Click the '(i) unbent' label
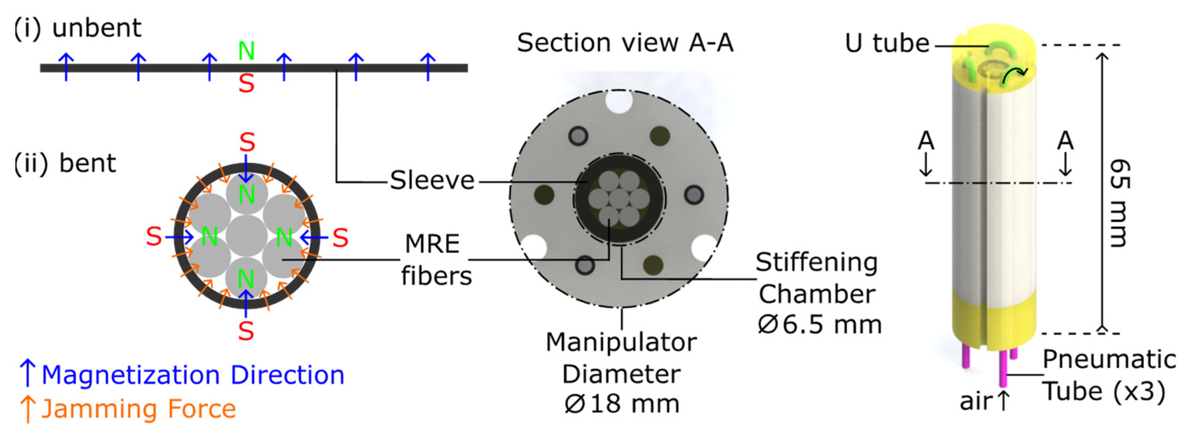[x=77, y=28]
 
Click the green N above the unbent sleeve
[x=247, y=51]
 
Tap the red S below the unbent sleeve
[x=247, y=84]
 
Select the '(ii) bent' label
[x=65, y=163]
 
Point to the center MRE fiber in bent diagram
[x=247, y=236]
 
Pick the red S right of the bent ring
[x=340, y=238]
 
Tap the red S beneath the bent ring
[x=246, y=331]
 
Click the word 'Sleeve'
[x=432, y=180]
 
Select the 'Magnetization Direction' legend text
[x=193, y=375]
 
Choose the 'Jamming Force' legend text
[x=138, y=409]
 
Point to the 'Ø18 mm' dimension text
[x=621, y=404]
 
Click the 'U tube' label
[x=887, y=44]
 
